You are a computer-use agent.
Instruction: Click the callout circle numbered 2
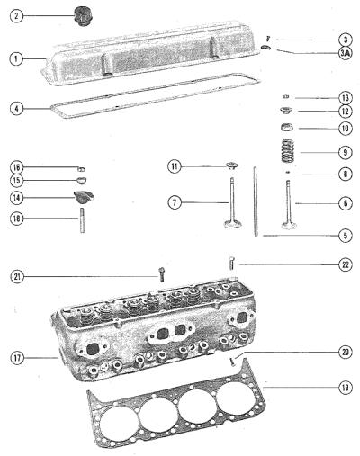[x=16, y=16]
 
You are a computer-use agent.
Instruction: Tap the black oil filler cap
[x=83, y=16]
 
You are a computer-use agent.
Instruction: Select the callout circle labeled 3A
[x=345, y=53]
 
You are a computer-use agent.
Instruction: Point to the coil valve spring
[x=287, y=151]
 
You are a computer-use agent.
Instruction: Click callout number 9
[x=345, y=152]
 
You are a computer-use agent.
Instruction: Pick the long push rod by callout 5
[x=256, y=201]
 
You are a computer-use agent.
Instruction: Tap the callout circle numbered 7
[x=175, y=203]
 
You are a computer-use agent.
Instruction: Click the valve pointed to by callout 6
[x=289, y=205]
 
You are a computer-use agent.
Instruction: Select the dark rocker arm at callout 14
[x=84, y=196]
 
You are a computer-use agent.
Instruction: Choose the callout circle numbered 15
[x=16, y=181]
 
